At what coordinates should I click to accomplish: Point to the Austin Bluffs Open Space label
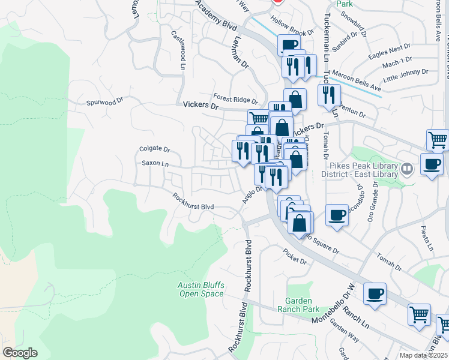201,289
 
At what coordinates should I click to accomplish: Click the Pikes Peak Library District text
362,169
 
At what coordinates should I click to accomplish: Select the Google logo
20,353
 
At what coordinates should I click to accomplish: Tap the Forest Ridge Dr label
235,97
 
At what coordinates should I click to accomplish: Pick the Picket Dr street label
295,262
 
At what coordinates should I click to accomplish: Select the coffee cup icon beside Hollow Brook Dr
289,45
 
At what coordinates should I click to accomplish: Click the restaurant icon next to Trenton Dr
329,94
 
